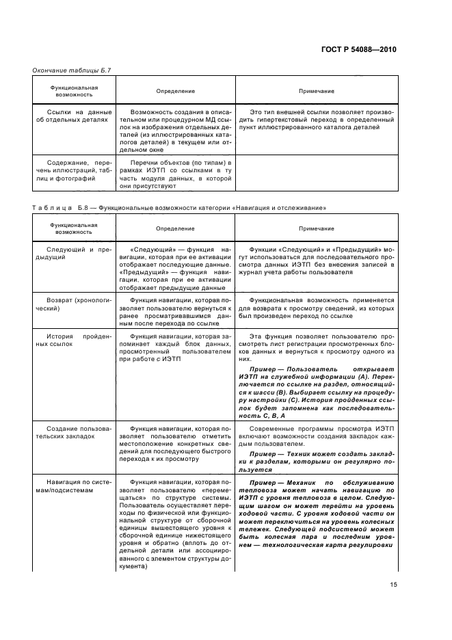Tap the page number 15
[393, 583]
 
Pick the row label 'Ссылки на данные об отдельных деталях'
[73, 115]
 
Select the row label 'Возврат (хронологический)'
[73, 305]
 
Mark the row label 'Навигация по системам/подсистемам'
[73, 487]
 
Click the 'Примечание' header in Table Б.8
[317, 228]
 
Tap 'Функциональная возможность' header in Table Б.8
[73, 228]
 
